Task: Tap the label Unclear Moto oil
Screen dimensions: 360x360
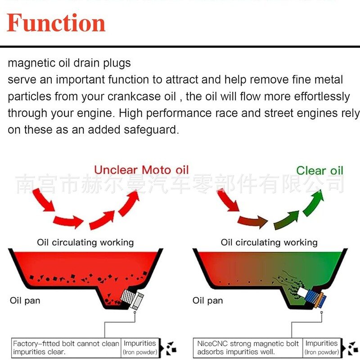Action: (x=141, y=170)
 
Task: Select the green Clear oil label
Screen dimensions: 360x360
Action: (x=319, y=171)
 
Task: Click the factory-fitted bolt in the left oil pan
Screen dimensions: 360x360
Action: (x=132, y=299)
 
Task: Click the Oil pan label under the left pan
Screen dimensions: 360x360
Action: (x=25, y=300)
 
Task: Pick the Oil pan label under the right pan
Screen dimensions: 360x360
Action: (x=207, y=300)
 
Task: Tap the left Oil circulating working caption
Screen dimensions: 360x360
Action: (x=85, y=243)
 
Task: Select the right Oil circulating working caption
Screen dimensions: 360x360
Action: (x=269, y=243)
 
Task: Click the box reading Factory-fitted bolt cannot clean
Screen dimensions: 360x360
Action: (x=66, y=347)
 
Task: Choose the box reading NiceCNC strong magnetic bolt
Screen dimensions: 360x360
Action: (x=248, y=347)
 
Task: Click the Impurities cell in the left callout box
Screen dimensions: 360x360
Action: (x=140, y=347)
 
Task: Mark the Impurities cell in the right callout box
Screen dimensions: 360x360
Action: (x=321, y=347)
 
